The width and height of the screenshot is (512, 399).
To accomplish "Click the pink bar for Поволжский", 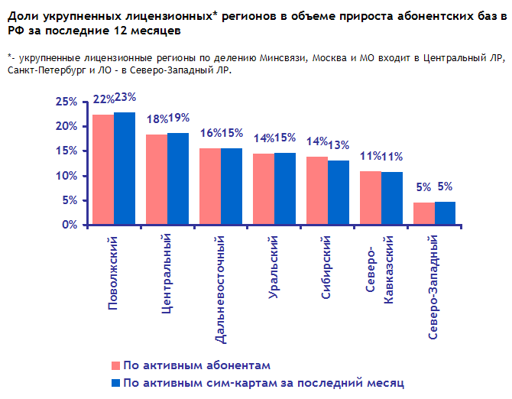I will coord(103,170).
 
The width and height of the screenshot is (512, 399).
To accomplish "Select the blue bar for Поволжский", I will coord(125,168).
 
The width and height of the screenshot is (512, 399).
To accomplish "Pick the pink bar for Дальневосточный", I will coord(210,187).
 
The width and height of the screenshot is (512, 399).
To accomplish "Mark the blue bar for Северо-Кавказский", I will coord(392,198).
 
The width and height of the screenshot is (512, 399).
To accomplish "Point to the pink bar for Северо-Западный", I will coord(424,213).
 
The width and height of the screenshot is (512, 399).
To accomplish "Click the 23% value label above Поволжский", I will coord(125,97).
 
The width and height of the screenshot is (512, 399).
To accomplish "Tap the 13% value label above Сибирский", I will coord(339,145).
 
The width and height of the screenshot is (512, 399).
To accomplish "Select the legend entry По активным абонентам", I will coord(196,365).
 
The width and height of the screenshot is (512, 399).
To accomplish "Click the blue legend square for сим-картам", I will coord(117,382).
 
